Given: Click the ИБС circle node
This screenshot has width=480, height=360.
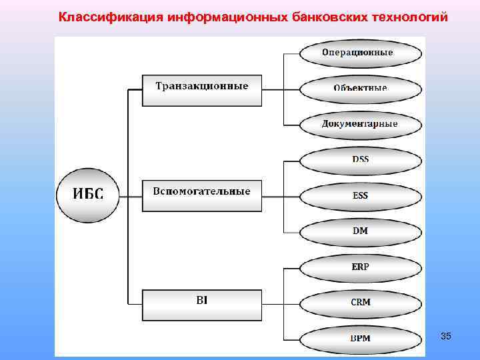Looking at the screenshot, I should (x=88, y=195).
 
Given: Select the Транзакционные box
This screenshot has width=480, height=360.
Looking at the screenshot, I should (x=202, y=89).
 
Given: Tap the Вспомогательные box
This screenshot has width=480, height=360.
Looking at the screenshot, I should (x=202, y=195).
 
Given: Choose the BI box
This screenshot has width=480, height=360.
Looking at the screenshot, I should (x=202, y=304).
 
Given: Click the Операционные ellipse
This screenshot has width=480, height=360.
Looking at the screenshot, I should (x=360, y=53).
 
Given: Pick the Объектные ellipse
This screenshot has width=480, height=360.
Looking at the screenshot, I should (x=360, y=88).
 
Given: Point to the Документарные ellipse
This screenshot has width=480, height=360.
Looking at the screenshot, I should (x=360, y=124).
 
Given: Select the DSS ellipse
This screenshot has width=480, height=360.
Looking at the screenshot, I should (x=360, y=160).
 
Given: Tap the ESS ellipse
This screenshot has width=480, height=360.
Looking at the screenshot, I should (x=360, y=196).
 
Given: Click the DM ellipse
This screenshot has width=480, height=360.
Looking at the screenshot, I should (x=360, y=231).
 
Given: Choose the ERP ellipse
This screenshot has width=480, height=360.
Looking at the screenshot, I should (x=360, y=267).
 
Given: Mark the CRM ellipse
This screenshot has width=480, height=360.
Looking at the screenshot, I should (x=360, y=303).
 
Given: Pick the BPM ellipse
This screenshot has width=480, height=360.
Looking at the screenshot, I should (x=360, y=338).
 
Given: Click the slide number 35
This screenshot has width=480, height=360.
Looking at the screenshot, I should (x=446, y=337).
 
